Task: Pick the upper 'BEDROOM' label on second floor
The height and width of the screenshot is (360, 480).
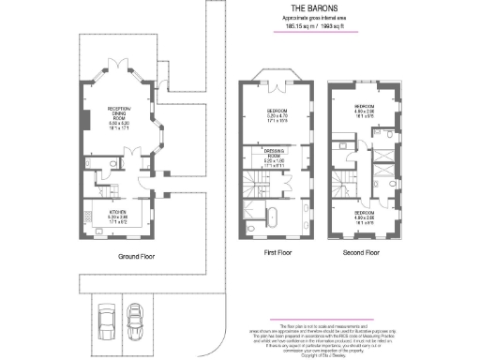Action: (x=364, y=108)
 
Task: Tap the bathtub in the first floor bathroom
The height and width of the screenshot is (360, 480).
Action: (x=271, y=217)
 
